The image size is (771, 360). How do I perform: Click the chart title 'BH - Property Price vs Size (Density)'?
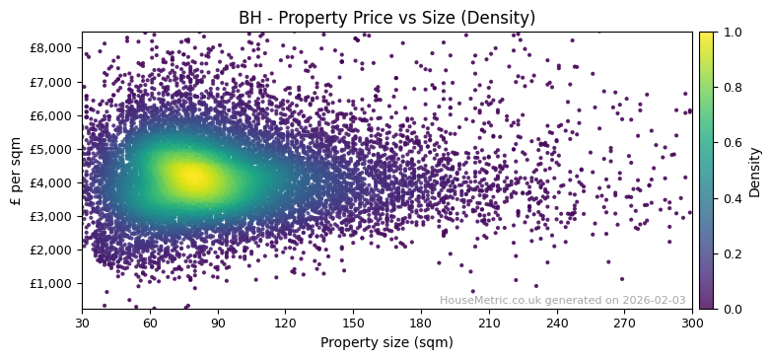point(386,18)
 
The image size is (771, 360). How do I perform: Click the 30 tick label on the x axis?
point(82,323)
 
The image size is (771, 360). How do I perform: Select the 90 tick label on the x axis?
point(218,323)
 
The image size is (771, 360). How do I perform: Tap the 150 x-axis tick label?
point(353,323)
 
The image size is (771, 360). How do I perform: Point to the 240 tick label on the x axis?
point(557,323)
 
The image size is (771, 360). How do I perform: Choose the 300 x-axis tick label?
point(692,323)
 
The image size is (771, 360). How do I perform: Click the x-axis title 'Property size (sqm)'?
point(386,342)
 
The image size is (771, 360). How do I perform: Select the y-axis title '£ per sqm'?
point(16,171)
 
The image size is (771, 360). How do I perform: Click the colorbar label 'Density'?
point(755,171)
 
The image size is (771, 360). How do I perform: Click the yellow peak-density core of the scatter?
point(191,178)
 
